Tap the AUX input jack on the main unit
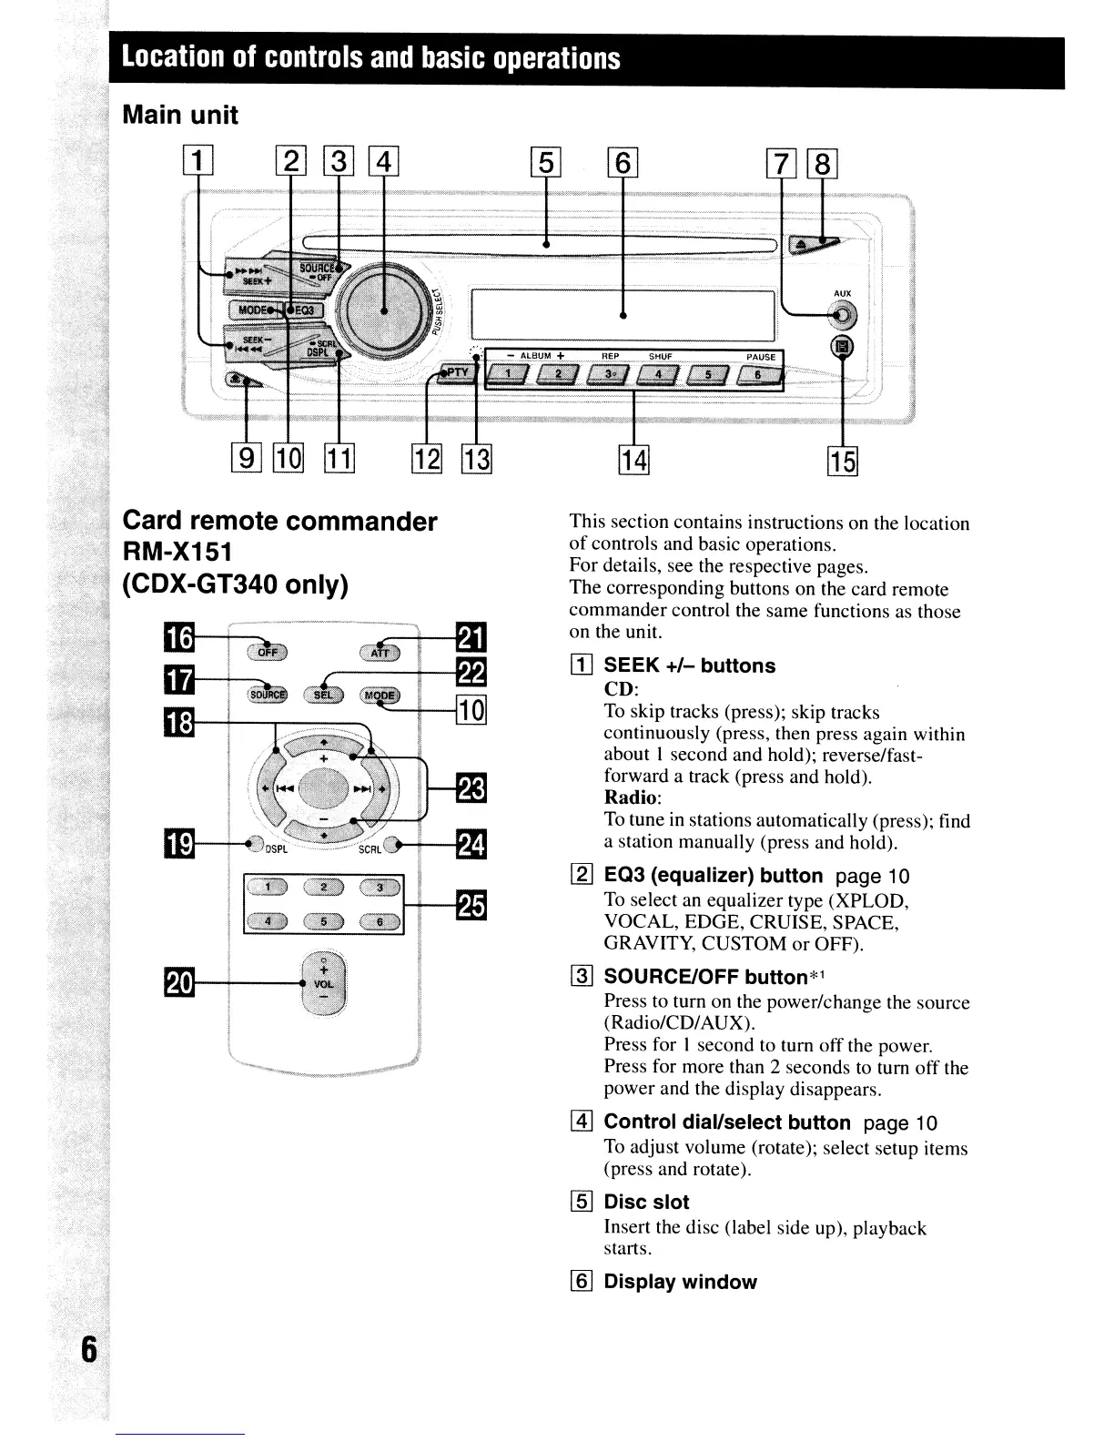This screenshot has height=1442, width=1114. click(x=843, y=316)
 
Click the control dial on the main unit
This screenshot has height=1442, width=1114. click(x=383, y=309)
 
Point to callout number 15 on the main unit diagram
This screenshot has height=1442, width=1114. click(x=843, y=462)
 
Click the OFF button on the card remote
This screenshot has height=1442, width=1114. click(x=266, y=651)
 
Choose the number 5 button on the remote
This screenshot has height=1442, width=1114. click(x=323, y=921)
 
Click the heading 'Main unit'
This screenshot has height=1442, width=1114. click(x=180, y=116)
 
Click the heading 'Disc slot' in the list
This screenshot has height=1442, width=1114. click(x=646, y=1202)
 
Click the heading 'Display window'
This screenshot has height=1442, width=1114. click(x=680, y=1282)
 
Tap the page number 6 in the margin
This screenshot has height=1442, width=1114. click(x=88, y=1348)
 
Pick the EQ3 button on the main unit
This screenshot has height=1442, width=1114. click(x=303, y=310)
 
